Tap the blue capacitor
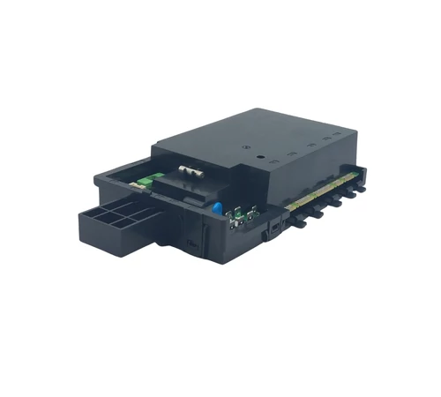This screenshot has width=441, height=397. (x=216, y=207)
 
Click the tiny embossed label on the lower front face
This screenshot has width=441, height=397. (x=191, y=239)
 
